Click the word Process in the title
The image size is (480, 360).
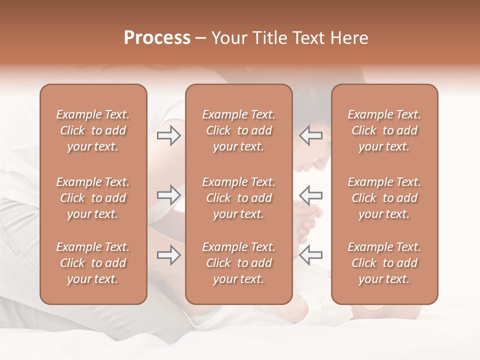[x=157, y=38]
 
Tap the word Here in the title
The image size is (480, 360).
[x=348, y=38]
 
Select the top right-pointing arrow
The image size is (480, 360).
[x=168, y=135]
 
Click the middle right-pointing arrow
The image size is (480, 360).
[x=168, y=195]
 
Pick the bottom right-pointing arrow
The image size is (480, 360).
[x=168, y=255]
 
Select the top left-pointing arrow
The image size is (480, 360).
[x=311, y=135]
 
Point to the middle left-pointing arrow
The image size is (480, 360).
[x=311, y=195]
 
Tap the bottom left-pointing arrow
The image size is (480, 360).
[x=311, y=255]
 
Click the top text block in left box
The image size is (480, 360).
[x=93, y=130]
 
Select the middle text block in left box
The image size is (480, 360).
[x=93, y=198]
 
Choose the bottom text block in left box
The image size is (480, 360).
[x=93, y=263]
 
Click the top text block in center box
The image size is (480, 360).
[x=238, y=130]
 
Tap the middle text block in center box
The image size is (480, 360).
[x=238, y=198]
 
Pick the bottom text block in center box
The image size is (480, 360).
[x=238, y=263]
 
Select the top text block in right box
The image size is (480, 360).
[x=384, y=130]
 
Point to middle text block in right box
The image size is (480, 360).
[x=384, y=198]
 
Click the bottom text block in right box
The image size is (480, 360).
[x=384, y=263]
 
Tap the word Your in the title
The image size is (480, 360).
[x=228, y=38]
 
